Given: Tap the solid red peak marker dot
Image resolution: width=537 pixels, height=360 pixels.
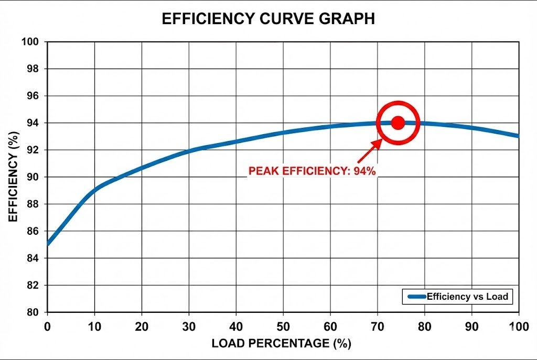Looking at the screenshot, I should click(x=398, y=123).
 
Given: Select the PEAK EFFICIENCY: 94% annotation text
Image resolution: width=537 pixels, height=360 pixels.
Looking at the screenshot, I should click(x=312, y=171).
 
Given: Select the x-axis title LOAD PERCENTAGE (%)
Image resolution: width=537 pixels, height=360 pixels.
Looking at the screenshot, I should click(x=281, y=344).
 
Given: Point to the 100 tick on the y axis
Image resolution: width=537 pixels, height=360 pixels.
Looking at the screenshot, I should click(x=33, y=41).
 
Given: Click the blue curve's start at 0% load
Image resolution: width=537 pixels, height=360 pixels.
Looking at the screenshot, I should click(x=48, y=244).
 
